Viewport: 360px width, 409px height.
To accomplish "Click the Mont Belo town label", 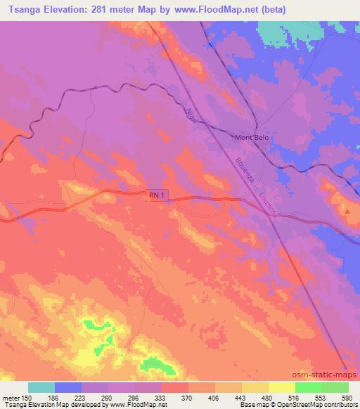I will (x=251, y=138).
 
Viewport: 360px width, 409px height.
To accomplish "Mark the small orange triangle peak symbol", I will (x=347, y=210).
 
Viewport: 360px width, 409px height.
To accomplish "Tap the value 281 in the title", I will (x=114, y=9).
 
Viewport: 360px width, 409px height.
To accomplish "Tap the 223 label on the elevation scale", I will (x=81, y=397).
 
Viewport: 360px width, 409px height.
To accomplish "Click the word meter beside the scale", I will (x=11, y=397).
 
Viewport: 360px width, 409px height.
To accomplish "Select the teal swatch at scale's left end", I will (x=41, y=387).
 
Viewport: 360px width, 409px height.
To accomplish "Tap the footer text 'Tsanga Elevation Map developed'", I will (x=41, y=405).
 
